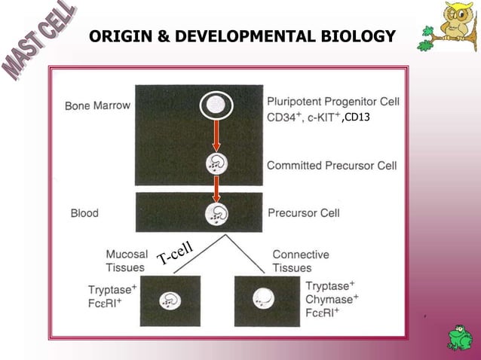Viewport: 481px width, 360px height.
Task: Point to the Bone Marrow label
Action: click(97, 105)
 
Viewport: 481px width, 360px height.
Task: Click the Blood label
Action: click(84, 213)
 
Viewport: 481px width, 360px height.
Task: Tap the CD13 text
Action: click(356, 118)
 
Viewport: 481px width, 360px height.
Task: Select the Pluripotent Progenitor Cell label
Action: click(333, 102)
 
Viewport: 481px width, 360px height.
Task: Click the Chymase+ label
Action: click(332, 299)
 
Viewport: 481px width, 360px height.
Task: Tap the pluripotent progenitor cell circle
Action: click(216, 105)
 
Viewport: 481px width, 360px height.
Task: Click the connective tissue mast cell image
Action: click(265, 300)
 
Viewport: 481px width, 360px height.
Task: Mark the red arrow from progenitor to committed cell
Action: click(216, 137)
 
